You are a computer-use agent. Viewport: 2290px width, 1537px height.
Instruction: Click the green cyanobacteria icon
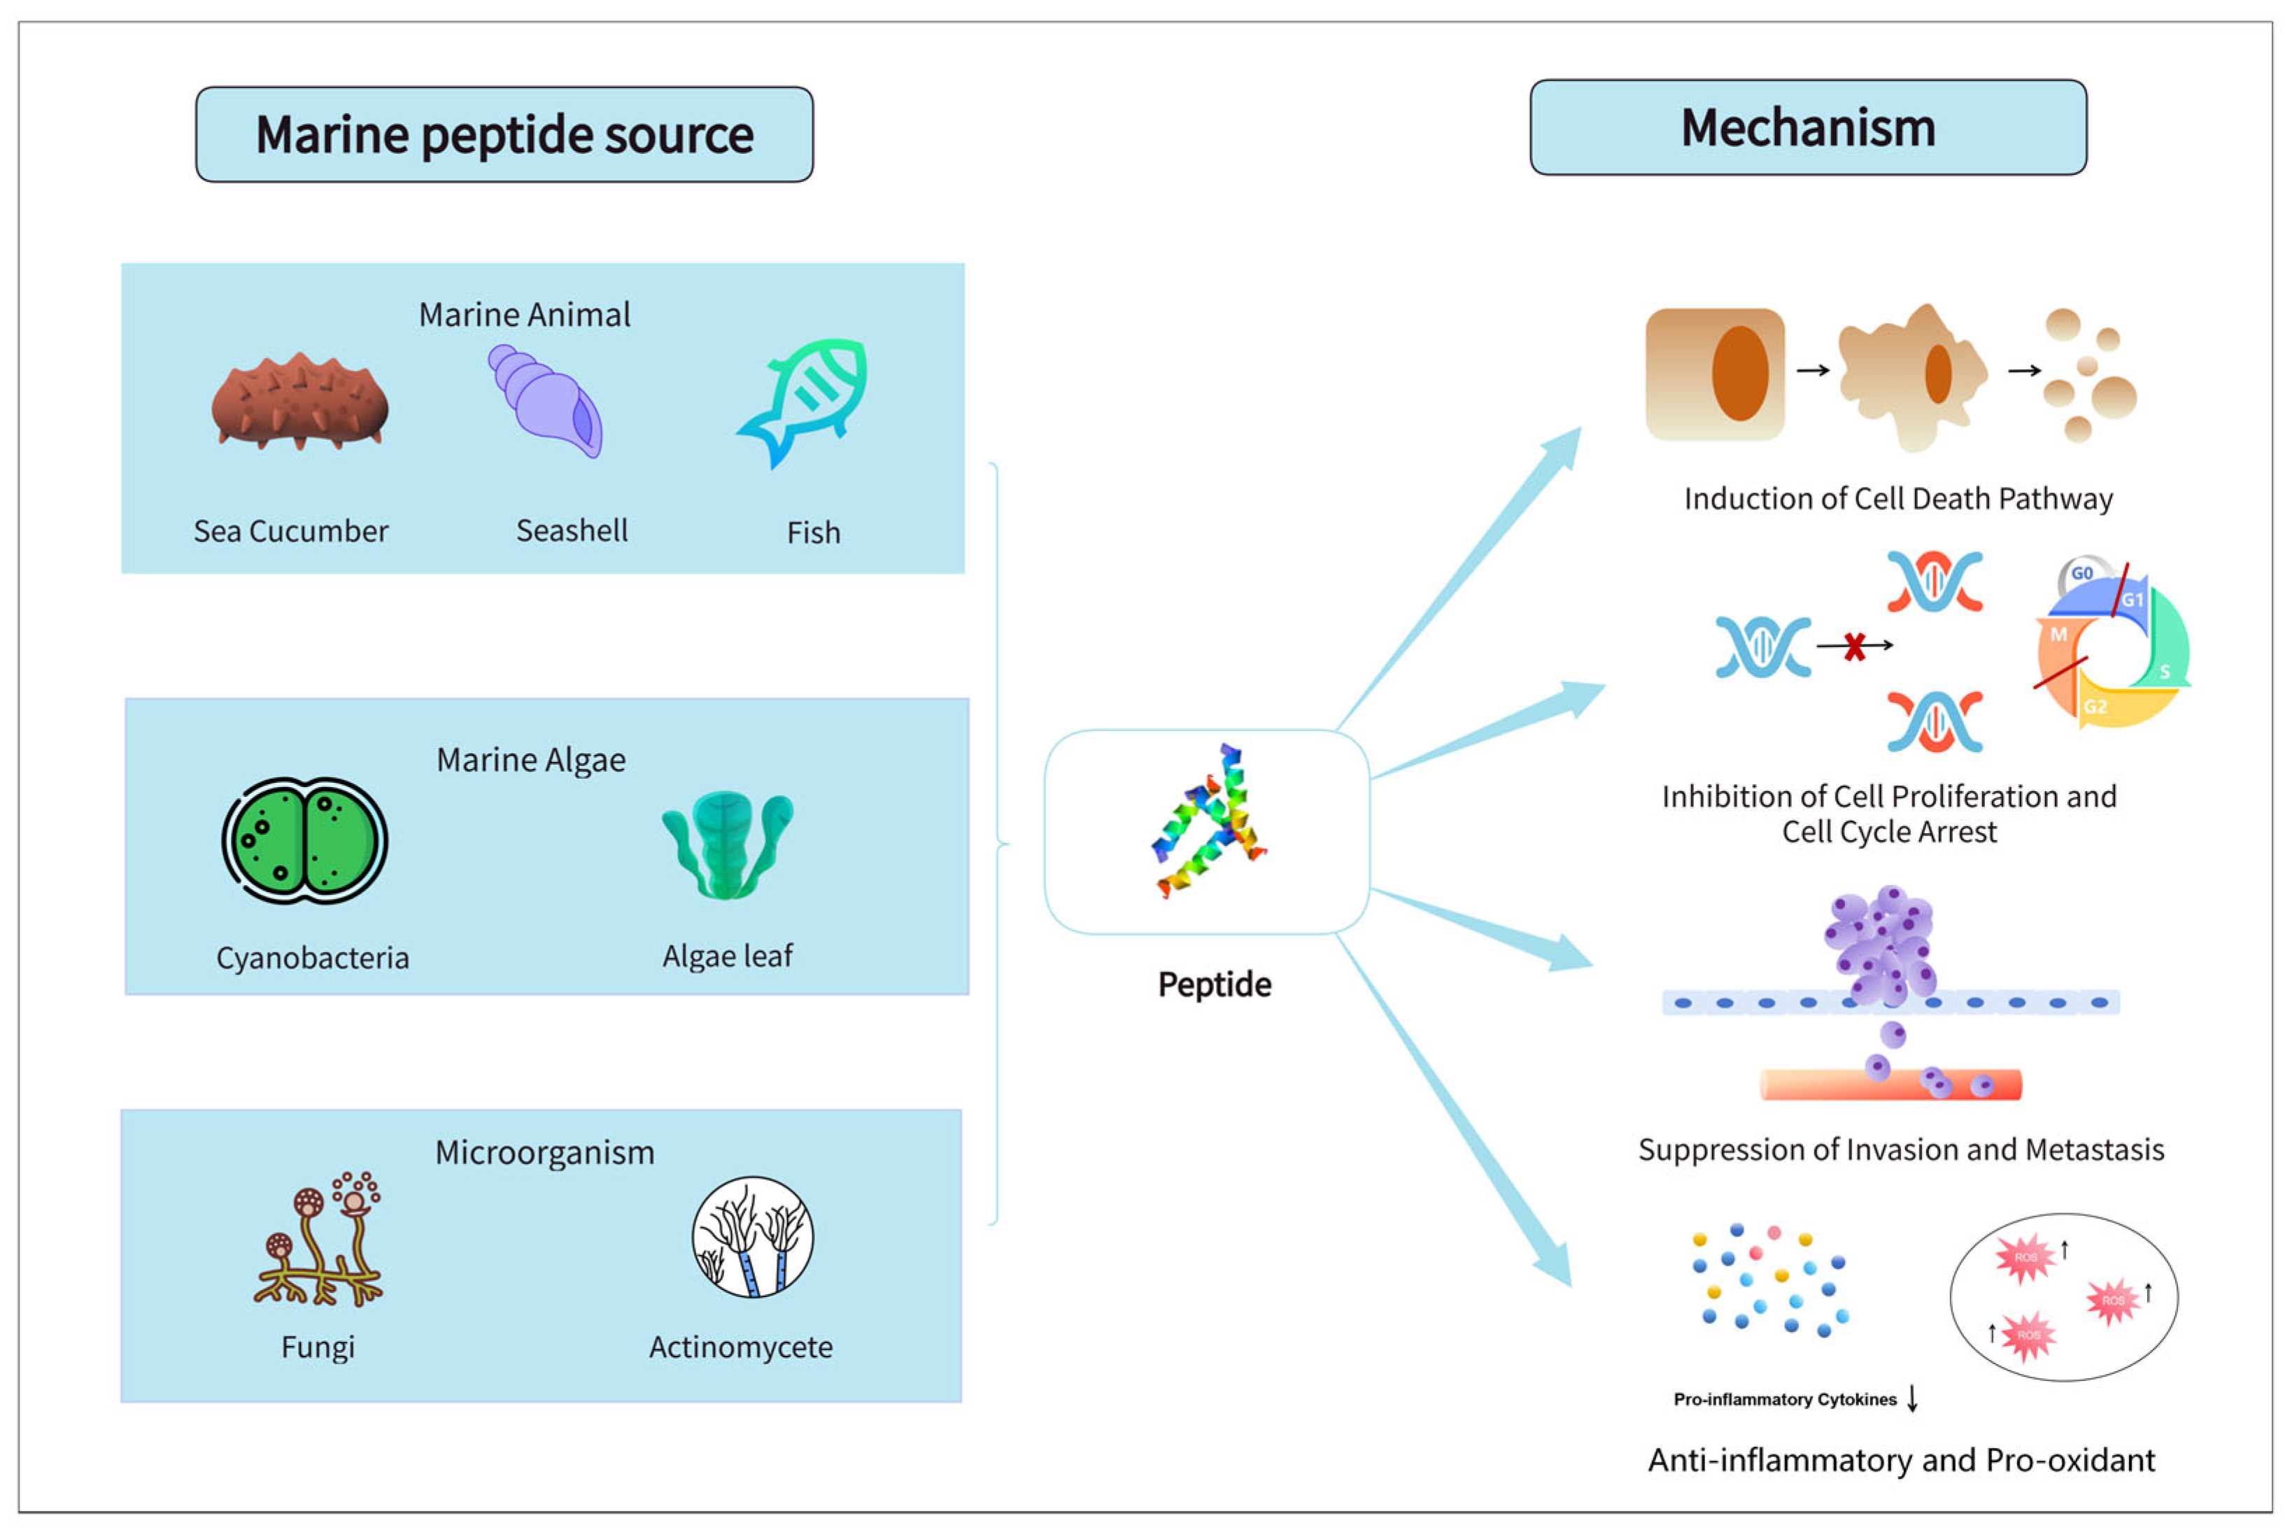[305, 840]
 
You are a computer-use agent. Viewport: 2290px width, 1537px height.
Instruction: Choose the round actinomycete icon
[753, 1237]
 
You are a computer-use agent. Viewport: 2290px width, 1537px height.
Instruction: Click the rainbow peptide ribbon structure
[1208, 821]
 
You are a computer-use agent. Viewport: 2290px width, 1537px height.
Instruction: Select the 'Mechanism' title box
[1808, 127]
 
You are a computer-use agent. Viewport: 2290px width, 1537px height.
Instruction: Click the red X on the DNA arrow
[1854, 646]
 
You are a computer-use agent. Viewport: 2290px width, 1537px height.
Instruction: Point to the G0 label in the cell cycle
[2082, 574]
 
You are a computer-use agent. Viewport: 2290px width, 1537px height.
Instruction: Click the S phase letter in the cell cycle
[2165, 672]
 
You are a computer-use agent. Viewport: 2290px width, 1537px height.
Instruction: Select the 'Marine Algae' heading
[530, 760]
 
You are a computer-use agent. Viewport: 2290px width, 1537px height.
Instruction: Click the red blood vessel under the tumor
[1890, 1084]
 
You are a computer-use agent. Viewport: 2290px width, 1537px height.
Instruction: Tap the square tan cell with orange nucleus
[1715, 374]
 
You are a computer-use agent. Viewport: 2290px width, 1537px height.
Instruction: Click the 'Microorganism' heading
[544, 1153]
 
